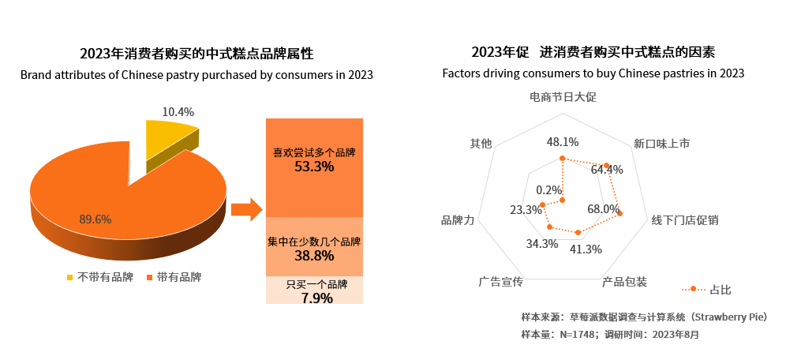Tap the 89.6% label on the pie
tap(95, 219)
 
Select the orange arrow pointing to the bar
tap(245, 210)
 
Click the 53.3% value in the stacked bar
tap(314, 167)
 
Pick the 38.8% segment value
tap(314, 257)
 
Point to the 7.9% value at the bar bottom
tap(314, 298)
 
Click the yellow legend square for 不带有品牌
tap(70, 277)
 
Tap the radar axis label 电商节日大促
tap(563, 97)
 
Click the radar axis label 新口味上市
tap(661, 144)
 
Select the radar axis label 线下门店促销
tap(685, 220)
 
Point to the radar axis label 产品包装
tap(624, 282)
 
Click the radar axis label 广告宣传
tap(500, 282)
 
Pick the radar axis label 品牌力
tap(457, 220)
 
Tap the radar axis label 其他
tap(481, 144)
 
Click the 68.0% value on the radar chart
tap(603, 209)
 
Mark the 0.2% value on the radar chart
tap(548, 190)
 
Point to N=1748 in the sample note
tap(578, 334)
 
